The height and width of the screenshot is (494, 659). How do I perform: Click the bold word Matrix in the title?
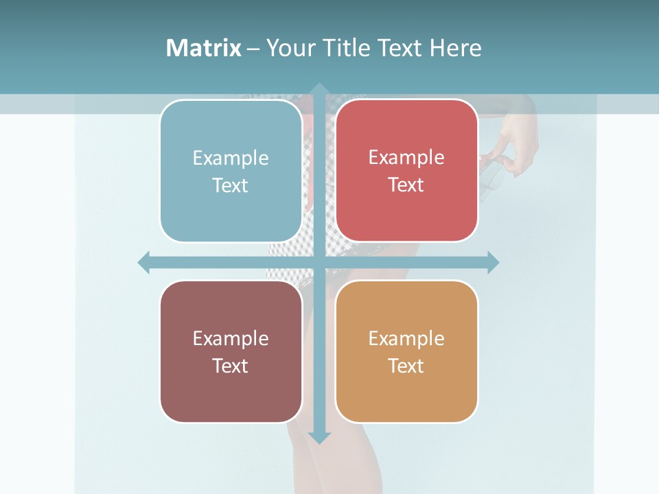(204, 48)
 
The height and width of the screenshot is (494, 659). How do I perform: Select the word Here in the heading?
(455, 48)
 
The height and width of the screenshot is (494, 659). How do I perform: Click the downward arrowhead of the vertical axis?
(319, 437)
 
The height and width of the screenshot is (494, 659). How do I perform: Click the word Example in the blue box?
(231, 158)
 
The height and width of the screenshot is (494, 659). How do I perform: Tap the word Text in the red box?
(406, 185)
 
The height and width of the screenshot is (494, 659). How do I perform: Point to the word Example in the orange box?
(406, 338)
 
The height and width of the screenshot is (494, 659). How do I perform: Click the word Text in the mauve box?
(231, 366)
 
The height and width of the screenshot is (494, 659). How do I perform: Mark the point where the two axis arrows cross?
(319, 262)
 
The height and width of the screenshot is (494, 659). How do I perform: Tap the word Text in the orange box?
(406, 366)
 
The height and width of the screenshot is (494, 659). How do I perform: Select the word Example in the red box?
(406, 158)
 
